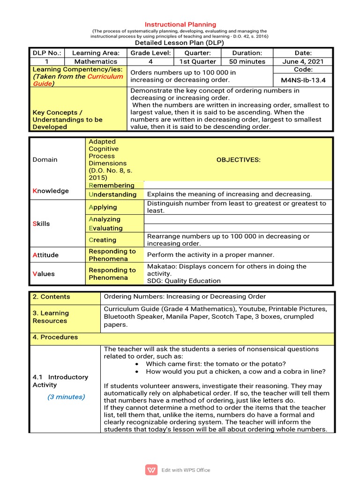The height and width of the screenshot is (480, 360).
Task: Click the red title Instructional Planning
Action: pyautogui.click(x=180, y=24)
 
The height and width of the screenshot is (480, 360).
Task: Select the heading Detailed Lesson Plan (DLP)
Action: pyautogui.click(x=180, y=43)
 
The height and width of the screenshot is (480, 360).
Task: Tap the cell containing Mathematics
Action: pyautogui.click(x=96, y=61)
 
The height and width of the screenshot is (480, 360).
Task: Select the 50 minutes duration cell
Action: pyautogui.click(x=247, y=61)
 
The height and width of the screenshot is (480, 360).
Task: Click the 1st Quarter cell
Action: pyautogui.click(x=197, y=61)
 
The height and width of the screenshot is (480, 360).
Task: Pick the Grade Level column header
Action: pyautogui.click(x=150, y=53)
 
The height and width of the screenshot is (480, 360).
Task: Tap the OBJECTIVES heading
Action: pyautogui.click(x=238, y=160)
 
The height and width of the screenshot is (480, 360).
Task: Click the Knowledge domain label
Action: pyautogui.click(x=51, y=191)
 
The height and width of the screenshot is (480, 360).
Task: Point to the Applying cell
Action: pyautogui.click(x=103, y=207)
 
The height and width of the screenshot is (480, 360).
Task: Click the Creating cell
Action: pyautogui.click(x=103, y=240)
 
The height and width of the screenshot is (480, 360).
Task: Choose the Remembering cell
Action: pyautogui.click(x=111, y=186)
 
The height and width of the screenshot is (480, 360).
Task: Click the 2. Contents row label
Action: pyautogui.click(x=51, y=297)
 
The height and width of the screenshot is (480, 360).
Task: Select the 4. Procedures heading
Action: pyautogui.click(x=55, y=337)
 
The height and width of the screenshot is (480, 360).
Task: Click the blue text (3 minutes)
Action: pyautogui.click(x=66, y=397)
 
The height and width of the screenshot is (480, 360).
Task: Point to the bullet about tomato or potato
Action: pyautogui.click(x=216, y=364)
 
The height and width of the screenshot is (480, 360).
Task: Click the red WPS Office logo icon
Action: pyautogui.click(x=151, y=470)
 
